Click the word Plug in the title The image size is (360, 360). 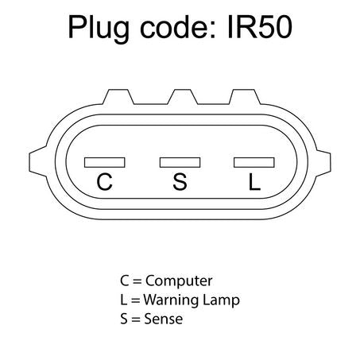pyautogui.click(x=99, y=29)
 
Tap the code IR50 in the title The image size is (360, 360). pyautogui.click(x=260, y=27)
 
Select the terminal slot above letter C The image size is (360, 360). pyautogui.click(x=105, y=162)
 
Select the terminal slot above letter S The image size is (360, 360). pyautogui.click(x=180, y=162)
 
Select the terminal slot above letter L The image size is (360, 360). pyautogui.click(x=254, y=162)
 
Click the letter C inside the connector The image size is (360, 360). pyautogui.click(x=104, y=182)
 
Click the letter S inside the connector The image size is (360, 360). pyautogui.click(x=180, y=182)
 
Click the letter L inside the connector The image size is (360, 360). pyautogui.click(x=254, y=182)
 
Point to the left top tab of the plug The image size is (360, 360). pyautogui.click(x=118, y=97)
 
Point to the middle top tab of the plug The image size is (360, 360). pyautogui.click(x=183, y=97)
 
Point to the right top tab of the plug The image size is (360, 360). pyautogui.click(x=244, y=97)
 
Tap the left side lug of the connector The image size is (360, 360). pyautogui.click(x=38, y=161)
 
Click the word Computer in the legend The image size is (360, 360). pyautogui.click(x=179, y=281)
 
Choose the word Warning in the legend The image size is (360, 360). pyautogui.click(x=171, y=300)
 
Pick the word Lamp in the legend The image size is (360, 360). pyautogui.click(x=221, y=300)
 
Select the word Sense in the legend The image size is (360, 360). pyautogui.click(x=163, y=319)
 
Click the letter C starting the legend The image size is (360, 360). pyautogui.click(x=124, y=281)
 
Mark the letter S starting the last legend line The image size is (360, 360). pyautogui.click(x=124, y=319)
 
